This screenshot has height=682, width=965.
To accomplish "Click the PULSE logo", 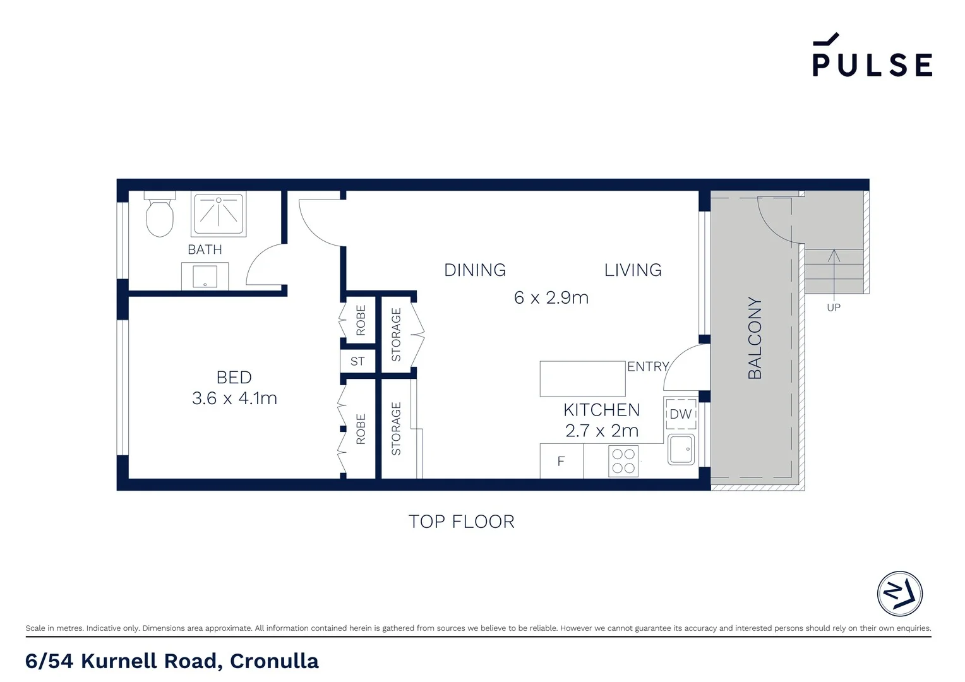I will pos(872,56).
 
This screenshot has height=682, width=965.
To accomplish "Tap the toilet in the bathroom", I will pos(159,216).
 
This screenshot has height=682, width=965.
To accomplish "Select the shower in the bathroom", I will pos(219,213).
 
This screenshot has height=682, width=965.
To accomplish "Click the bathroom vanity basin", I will pos(205,277).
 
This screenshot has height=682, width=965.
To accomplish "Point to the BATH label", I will pos(205,249).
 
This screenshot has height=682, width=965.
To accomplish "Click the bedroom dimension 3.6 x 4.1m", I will pos(234,398).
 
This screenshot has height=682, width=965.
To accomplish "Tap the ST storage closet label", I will pos(357,361).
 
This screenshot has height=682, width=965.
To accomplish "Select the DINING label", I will pos(475,270).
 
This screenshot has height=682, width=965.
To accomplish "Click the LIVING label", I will pos(633,270).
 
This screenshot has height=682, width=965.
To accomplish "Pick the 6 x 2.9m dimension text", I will pos(551,297).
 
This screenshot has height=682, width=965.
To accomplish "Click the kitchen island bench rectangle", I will pos(582,378).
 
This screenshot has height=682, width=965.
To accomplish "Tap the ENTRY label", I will pos(647,366).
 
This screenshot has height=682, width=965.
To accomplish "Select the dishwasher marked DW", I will pos(681,414).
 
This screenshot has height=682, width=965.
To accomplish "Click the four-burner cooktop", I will pos(623,461).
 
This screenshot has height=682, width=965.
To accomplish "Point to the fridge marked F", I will pos(561,462).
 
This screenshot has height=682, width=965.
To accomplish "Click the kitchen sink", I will pos(681,449).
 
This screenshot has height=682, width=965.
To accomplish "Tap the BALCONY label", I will pos(755,338).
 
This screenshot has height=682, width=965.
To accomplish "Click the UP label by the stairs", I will pos(834,308).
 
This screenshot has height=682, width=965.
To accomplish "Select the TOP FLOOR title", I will pos(461,522).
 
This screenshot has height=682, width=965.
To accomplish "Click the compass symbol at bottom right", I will pos(899,594).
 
